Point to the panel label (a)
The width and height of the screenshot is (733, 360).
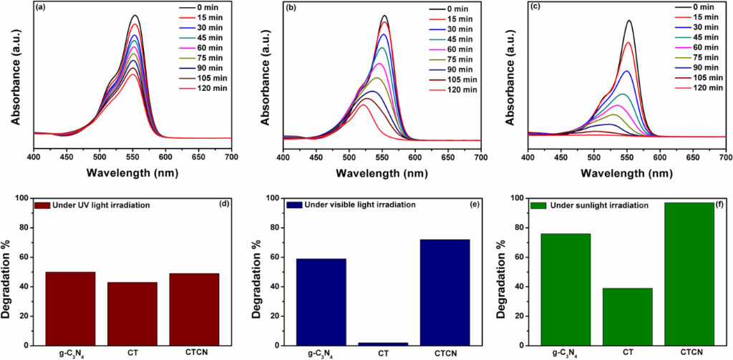pos(42,9)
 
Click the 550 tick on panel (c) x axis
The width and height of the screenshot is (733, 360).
pos(627,155)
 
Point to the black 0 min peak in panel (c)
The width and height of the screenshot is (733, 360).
pos(629,20)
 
